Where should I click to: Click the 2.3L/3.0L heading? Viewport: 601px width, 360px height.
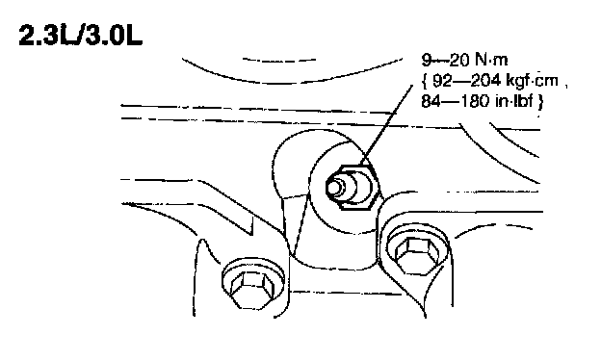pyautogui.click(x=81, y=36)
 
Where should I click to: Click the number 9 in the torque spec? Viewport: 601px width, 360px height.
pyautogui.click(x=427, y=60)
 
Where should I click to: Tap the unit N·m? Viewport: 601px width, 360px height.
pyautogui.click(x=492, y=60)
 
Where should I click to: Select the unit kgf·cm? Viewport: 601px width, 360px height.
pyautogui.click(x=533, y=81)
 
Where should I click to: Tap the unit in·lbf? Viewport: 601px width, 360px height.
pyautogui.click(x=514, y=101)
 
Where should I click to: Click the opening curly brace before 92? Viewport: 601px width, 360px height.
pyautogui.click(x=425, y=81)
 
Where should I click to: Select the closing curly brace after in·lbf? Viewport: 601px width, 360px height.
pyautogui.click(x=539, y=102)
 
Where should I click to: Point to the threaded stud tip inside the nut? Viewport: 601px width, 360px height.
pyautogui.click(x=335, y=187)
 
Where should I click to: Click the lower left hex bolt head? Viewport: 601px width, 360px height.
pyautogui.click(x=251, y=290)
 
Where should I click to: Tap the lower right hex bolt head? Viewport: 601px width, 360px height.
pyautogui.click(x=417, y=254)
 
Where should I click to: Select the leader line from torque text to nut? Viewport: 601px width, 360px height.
pyautogui.click(x=386, y=125)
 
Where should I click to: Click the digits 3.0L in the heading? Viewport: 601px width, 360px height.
pyautogui.click(x=114, y=36)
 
